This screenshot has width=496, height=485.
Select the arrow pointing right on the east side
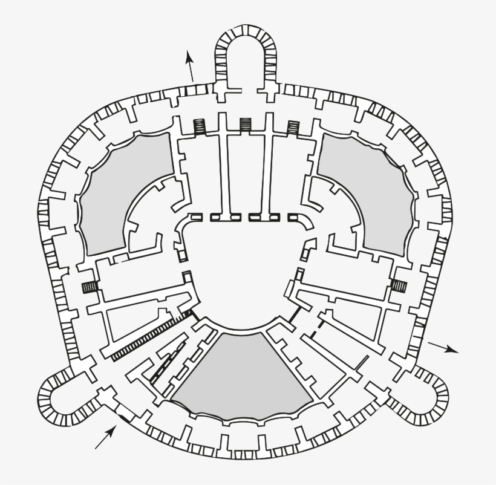[x=443, y=347]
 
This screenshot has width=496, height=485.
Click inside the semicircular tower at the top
[x=247, y=60]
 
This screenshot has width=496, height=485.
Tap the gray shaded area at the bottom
[x=242, y=375]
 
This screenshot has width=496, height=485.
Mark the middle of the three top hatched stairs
[x=246, y=125]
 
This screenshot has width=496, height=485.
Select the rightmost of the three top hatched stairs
[x=293, y=126]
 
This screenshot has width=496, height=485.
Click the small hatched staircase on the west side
[x=90, y=287]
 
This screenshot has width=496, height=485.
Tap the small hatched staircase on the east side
[x=399, y=285]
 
